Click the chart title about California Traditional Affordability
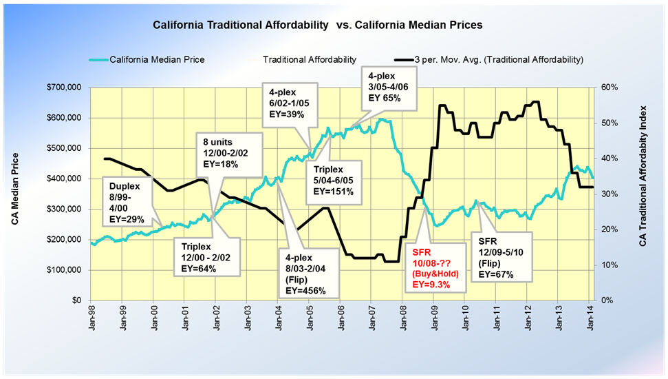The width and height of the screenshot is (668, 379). coord(317,24)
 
